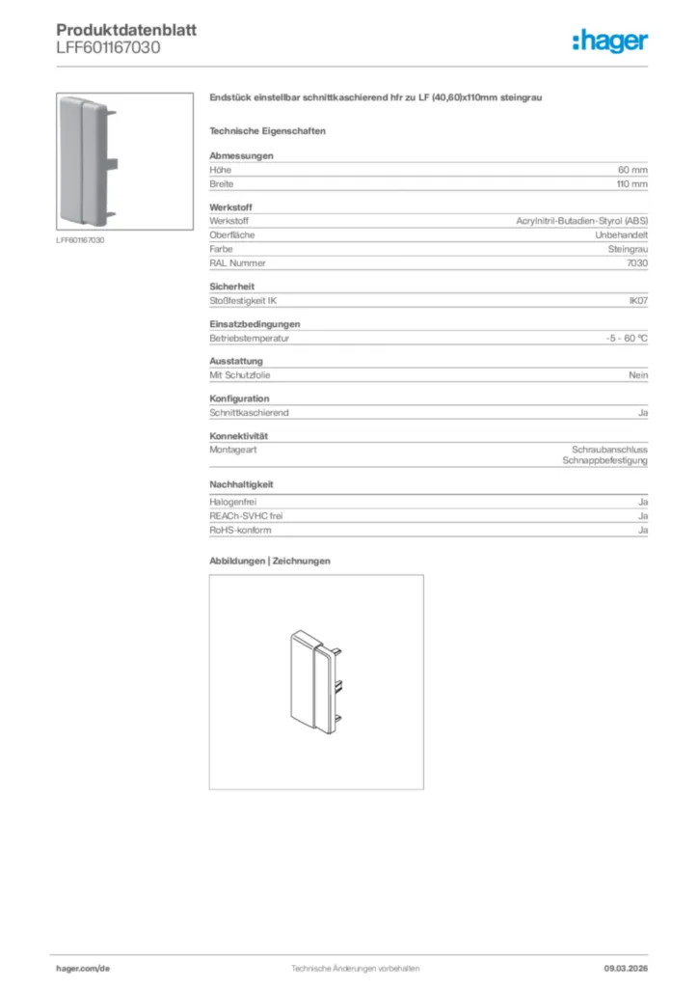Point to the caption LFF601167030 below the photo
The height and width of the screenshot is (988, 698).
pos(80,240)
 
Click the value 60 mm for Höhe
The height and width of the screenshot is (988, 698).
pos(632,170)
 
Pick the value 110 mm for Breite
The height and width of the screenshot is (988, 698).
pos(631,183)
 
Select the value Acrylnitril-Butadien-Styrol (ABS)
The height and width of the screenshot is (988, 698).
pos(581,222)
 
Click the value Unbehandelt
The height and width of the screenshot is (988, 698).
pos(621,235)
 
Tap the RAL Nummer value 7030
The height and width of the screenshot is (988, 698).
pos(637,262)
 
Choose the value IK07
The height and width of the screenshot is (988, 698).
pos(637,301)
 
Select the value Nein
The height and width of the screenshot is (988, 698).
pos(638,375)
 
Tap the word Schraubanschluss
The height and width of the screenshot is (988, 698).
pos(609,451)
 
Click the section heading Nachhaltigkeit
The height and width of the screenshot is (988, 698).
pos(242,484)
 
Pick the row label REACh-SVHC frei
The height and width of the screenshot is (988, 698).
pos(246,516)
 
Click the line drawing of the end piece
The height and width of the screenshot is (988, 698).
pos(315,681)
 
